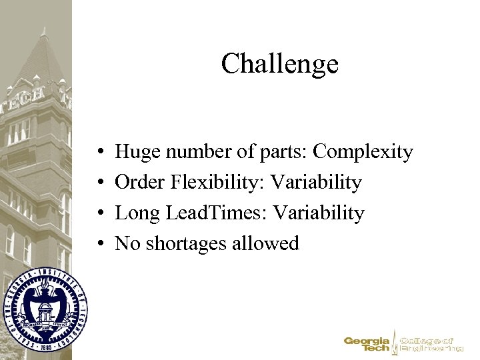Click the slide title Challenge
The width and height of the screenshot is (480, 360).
tap(279, 64)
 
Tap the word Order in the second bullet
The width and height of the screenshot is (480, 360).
tap(138, 183)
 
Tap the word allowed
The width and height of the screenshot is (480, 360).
tap(266, 244)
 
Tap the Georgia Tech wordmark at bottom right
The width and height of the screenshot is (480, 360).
tap(367, 344)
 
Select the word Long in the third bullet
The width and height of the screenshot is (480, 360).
tap(136, 213)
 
